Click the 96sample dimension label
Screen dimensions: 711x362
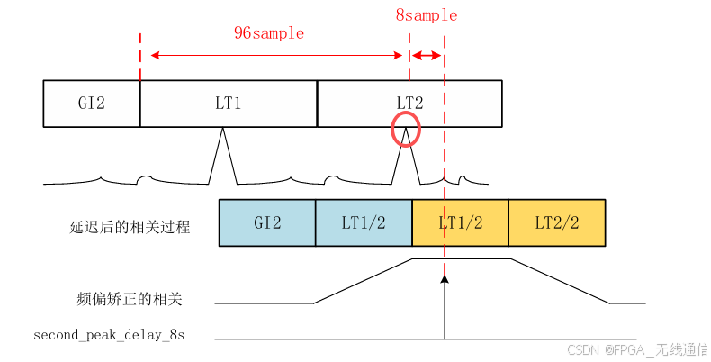(269, 33)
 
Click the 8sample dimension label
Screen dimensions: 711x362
(426, 15)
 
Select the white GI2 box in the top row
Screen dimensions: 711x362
(92, 103)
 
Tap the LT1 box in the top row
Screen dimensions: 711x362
(229, 103)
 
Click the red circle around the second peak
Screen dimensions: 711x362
(406, 130)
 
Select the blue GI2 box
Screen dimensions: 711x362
(267, 222)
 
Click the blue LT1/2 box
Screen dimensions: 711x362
(364, 222)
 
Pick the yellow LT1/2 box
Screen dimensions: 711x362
(460, 222)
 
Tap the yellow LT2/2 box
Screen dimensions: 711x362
(556, 222)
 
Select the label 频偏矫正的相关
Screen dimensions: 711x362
(130, 299)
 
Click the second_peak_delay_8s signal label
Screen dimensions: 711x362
(109, 335)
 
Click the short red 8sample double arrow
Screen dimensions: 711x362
(427, 56)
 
